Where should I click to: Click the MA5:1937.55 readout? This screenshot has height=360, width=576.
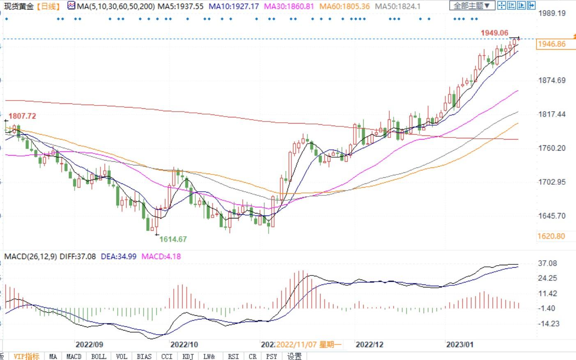tap(181, 6)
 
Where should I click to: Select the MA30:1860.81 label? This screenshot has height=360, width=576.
tap(289, 6)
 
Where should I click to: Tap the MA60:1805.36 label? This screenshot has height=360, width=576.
tap(344, 6)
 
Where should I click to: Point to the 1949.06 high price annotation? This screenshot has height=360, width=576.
tap(494, 33)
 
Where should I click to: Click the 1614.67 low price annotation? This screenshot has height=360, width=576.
tap(173, 239)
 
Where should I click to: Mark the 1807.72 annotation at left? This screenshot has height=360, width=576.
tap(22, 116)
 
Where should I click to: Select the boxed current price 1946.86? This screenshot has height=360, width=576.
tap(551, 44)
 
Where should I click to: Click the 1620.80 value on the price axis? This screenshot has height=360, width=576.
tap(551, 236)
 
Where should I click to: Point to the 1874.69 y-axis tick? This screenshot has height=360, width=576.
tap(552, 80)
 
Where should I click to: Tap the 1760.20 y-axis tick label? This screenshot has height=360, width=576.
tap(552, 148)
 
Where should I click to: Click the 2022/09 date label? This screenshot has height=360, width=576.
tap(89, 344)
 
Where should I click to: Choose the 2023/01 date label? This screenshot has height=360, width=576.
tap(460, 344)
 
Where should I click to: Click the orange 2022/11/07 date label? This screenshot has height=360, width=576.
tap(308, 344)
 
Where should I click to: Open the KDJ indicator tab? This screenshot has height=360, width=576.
tap(188, 356)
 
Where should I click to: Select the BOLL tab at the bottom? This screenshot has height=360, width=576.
tap(99, 356)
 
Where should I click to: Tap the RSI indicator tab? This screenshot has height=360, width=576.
tap(233, 356)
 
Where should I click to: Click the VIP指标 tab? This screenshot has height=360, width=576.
tap(27, 356)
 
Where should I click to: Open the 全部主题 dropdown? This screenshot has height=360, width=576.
tap(472, 6)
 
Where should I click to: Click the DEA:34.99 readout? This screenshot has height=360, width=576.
tap(119, 257)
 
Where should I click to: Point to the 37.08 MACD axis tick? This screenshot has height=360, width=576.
tap(548, 263)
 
